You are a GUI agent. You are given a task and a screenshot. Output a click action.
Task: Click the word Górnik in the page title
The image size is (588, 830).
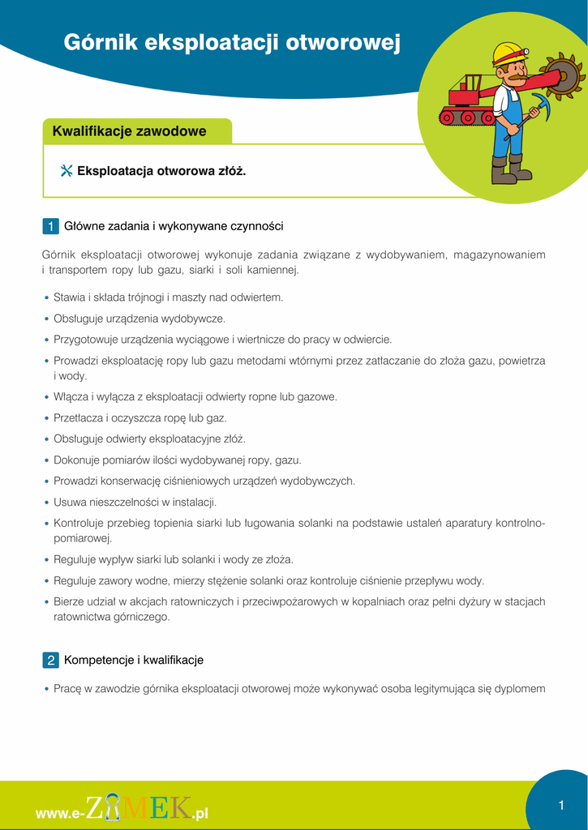pos(99,43)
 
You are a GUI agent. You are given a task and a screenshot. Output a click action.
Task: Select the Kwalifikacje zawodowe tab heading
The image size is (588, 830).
pos(129,131)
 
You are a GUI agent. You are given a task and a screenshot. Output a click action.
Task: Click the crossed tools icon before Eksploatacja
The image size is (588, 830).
pos(67,171)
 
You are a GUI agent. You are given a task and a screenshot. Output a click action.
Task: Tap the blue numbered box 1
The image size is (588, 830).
pos(50,225)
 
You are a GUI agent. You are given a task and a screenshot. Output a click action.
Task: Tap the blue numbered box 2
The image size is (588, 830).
pos(50,660)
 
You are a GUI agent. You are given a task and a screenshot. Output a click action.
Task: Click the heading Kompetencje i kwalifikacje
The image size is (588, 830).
pos(134,660)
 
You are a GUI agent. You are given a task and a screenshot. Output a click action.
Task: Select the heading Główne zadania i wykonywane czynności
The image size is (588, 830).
pos(174,225)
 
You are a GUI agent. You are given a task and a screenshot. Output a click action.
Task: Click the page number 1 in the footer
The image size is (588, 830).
pos(560,805)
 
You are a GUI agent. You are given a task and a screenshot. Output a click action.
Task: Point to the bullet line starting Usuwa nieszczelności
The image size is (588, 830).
pos(135,502)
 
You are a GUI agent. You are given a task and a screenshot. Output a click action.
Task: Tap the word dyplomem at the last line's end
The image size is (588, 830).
pos(519,689)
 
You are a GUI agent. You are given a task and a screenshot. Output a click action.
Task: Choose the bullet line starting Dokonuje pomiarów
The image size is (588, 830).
pos(177,460)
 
